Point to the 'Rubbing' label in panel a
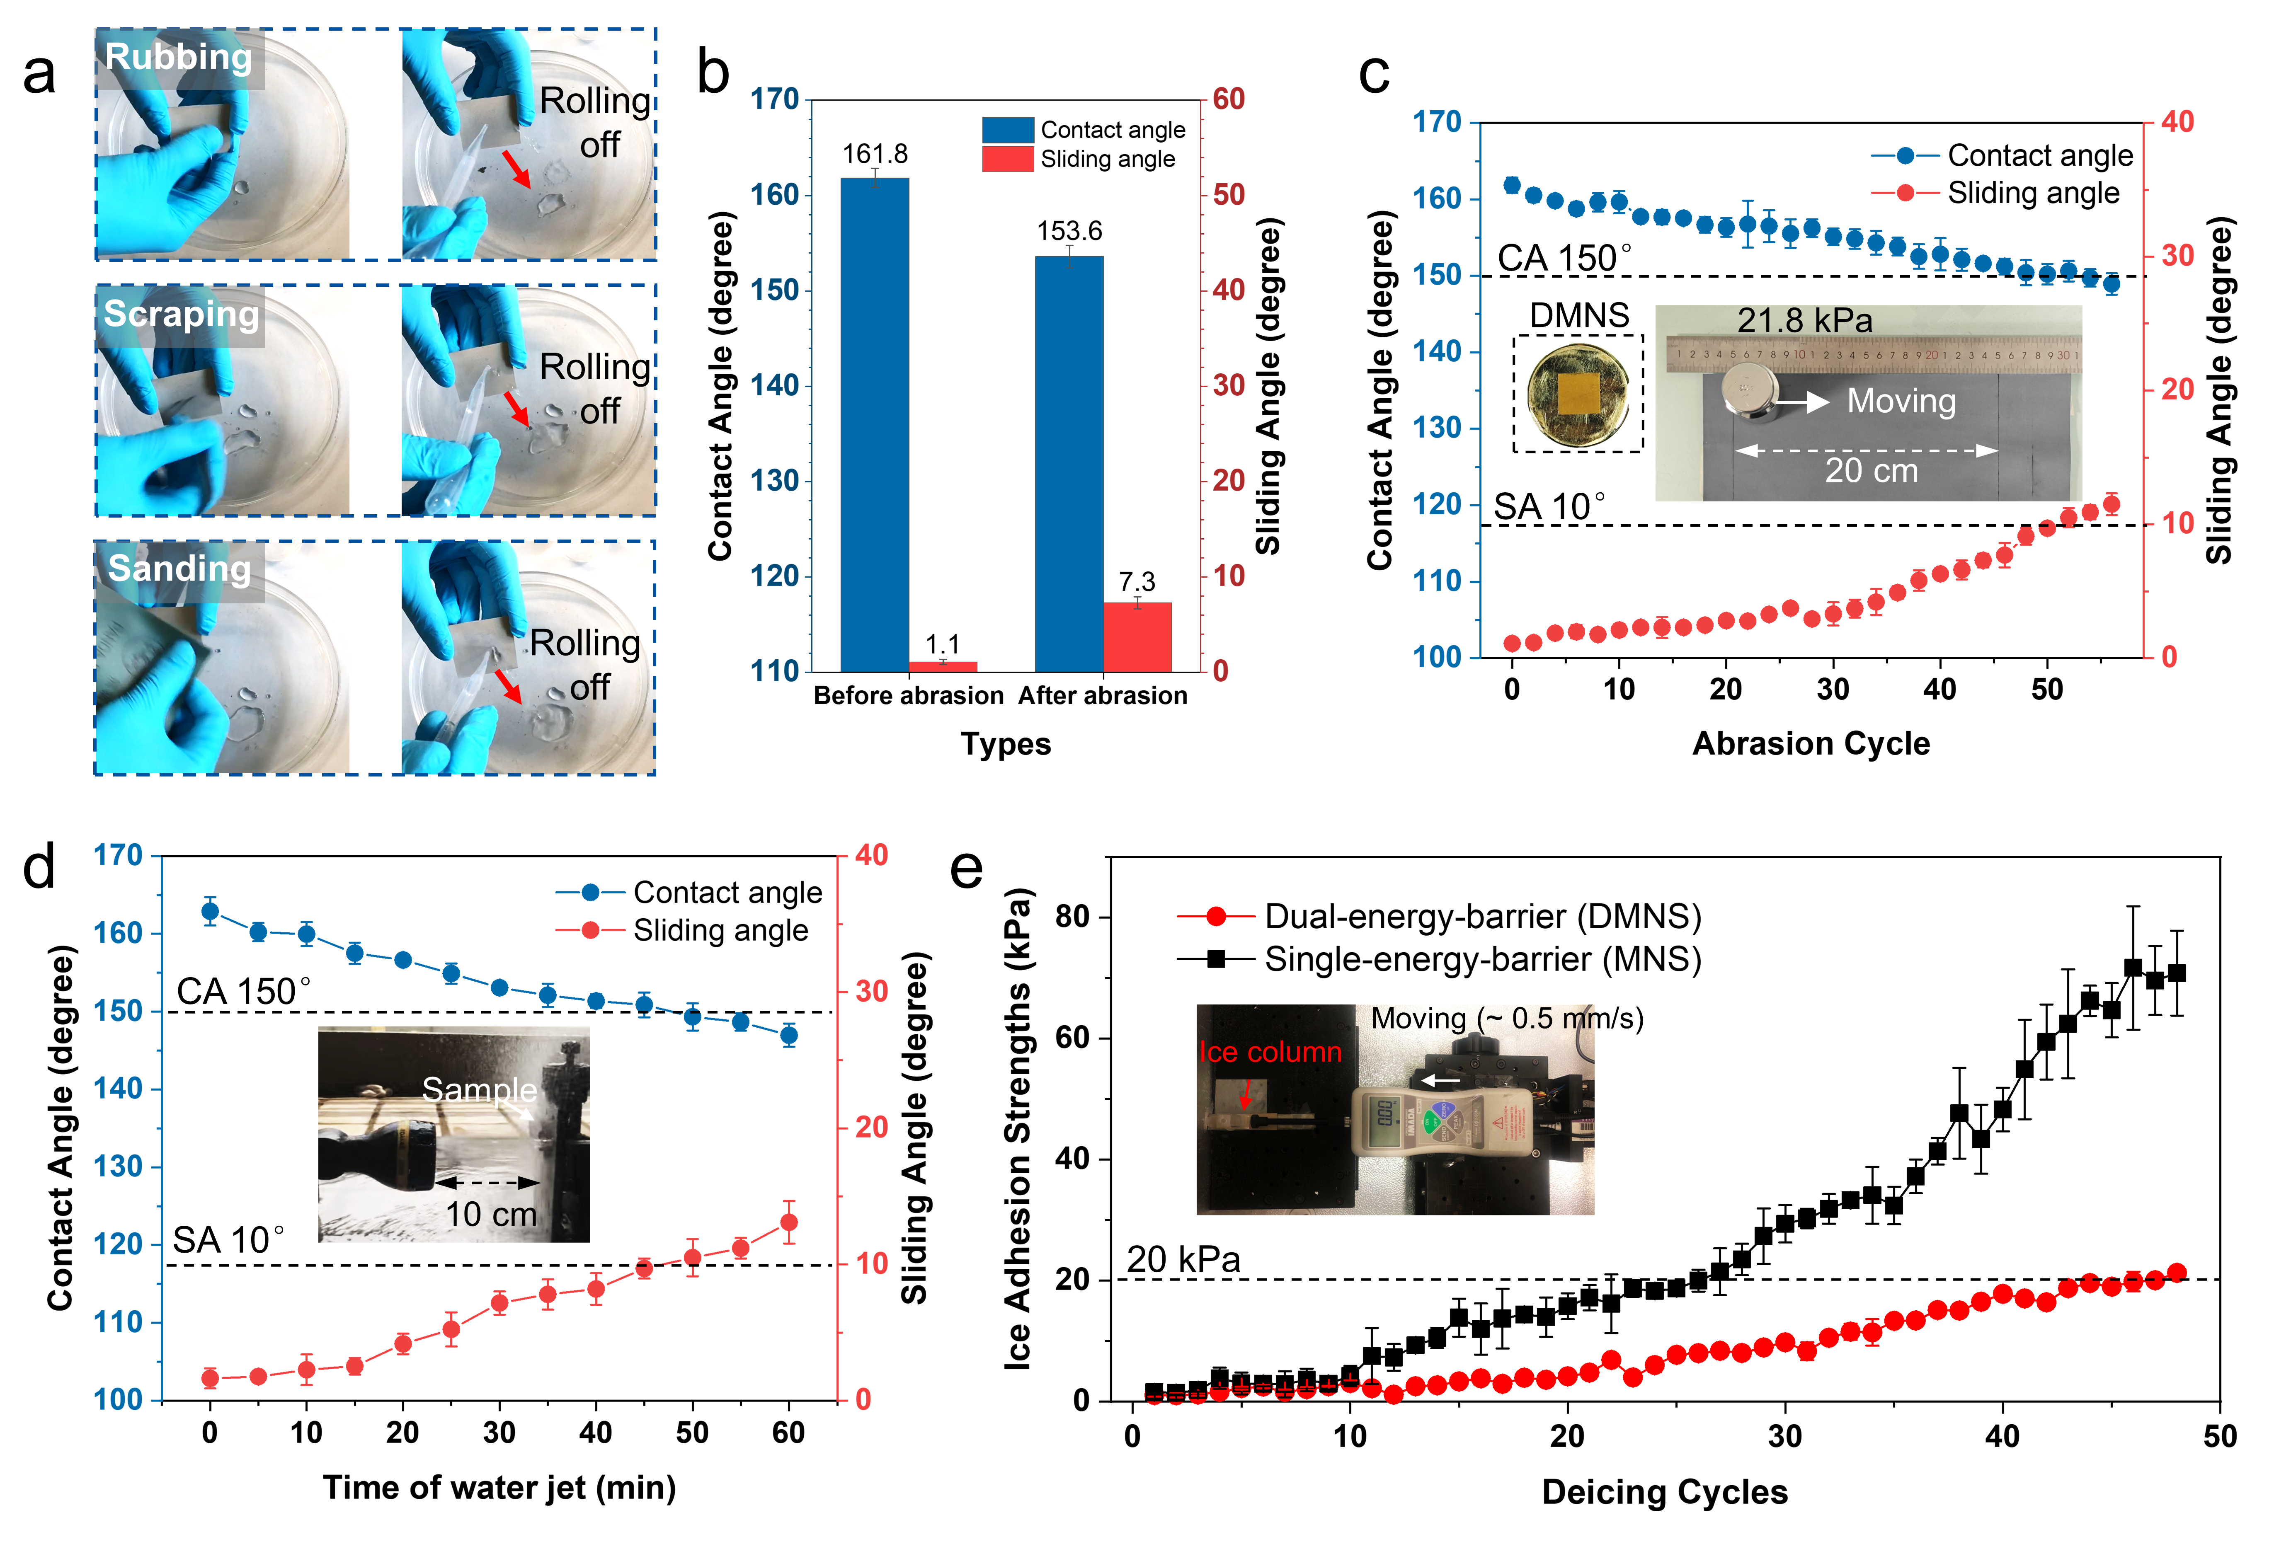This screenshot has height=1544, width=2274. click(x=178, y=57)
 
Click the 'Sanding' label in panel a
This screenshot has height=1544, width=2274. click(x=179, y=569)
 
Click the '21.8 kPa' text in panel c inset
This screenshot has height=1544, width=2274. click(x=1804, y=321)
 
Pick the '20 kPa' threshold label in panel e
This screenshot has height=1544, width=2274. click(x=1183, y=1259)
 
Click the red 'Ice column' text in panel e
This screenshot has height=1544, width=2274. click(x=1270, y=1052)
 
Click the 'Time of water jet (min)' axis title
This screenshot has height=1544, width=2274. click(x=499, y=1487)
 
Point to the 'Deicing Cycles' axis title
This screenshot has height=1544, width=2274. click(x=1664, y=1492)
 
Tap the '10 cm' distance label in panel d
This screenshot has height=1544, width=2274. click(x=491, y=1214)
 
